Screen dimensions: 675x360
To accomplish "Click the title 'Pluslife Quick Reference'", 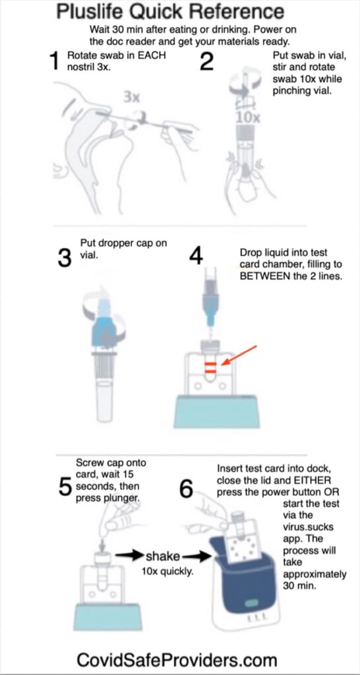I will click(170, 13).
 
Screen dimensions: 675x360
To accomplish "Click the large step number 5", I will click(65, 486).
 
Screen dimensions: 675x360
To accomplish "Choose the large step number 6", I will click(187, 488).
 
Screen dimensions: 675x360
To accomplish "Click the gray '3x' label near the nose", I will click(132, 97).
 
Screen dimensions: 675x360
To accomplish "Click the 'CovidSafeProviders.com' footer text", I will click(177, 660).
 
